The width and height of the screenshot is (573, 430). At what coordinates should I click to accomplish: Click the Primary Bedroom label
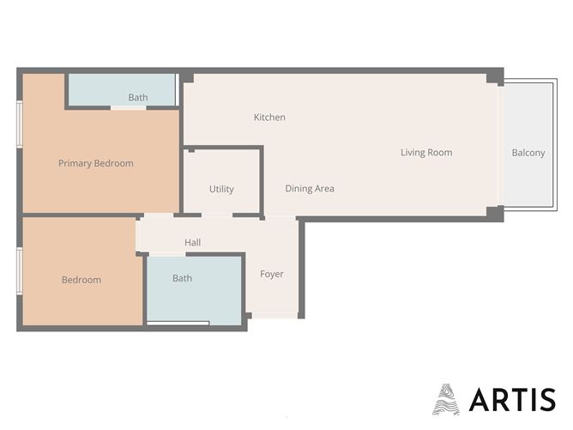95,163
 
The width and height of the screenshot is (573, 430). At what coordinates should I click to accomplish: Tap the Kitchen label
269,117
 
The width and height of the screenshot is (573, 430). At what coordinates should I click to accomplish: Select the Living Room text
426,153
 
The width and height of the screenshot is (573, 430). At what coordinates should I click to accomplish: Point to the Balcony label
528,153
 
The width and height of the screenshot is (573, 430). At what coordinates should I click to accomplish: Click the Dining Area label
310,188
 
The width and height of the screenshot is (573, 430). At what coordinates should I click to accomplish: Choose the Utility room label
221,189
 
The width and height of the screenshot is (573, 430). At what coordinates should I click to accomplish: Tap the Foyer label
272,274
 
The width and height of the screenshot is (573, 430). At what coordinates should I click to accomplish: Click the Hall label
193,243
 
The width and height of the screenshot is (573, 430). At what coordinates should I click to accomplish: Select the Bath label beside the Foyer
182,278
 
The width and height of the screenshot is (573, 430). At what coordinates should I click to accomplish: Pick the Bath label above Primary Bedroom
138,98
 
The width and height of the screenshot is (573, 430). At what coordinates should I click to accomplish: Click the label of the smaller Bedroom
81,280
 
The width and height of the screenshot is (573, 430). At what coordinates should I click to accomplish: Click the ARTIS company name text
512,399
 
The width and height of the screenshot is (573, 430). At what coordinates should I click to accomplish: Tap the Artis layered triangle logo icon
446,399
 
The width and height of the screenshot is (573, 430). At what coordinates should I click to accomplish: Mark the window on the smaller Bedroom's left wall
20,270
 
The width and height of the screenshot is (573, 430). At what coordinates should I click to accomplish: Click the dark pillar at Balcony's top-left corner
495,78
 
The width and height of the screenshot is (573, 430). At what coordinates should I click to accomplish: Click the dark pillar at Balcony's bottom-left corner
494,212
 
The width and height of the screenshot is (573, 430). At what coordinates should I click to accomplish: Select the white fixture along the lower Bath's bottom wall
178,323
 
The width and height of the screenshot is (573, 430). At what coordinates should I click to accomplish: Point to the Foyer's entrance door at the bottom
274,316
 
